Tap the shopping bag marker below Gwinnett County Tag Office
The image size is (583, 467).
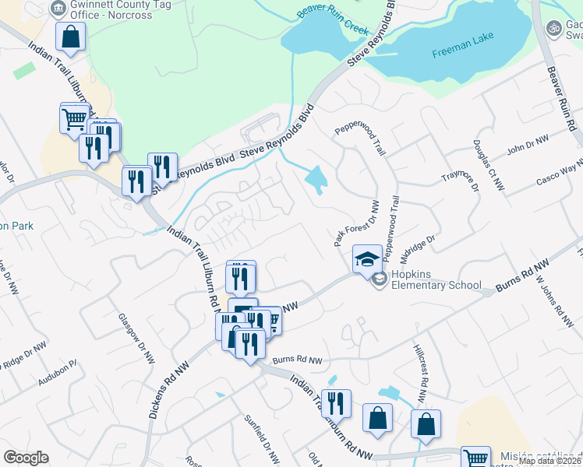pos(70,37)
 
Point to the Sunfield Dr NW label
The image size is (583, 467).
pos(261,439)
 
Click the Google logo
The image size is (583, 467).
pos(26,458)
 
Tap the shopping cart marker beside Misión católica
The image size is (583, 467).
pos(475,457)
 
